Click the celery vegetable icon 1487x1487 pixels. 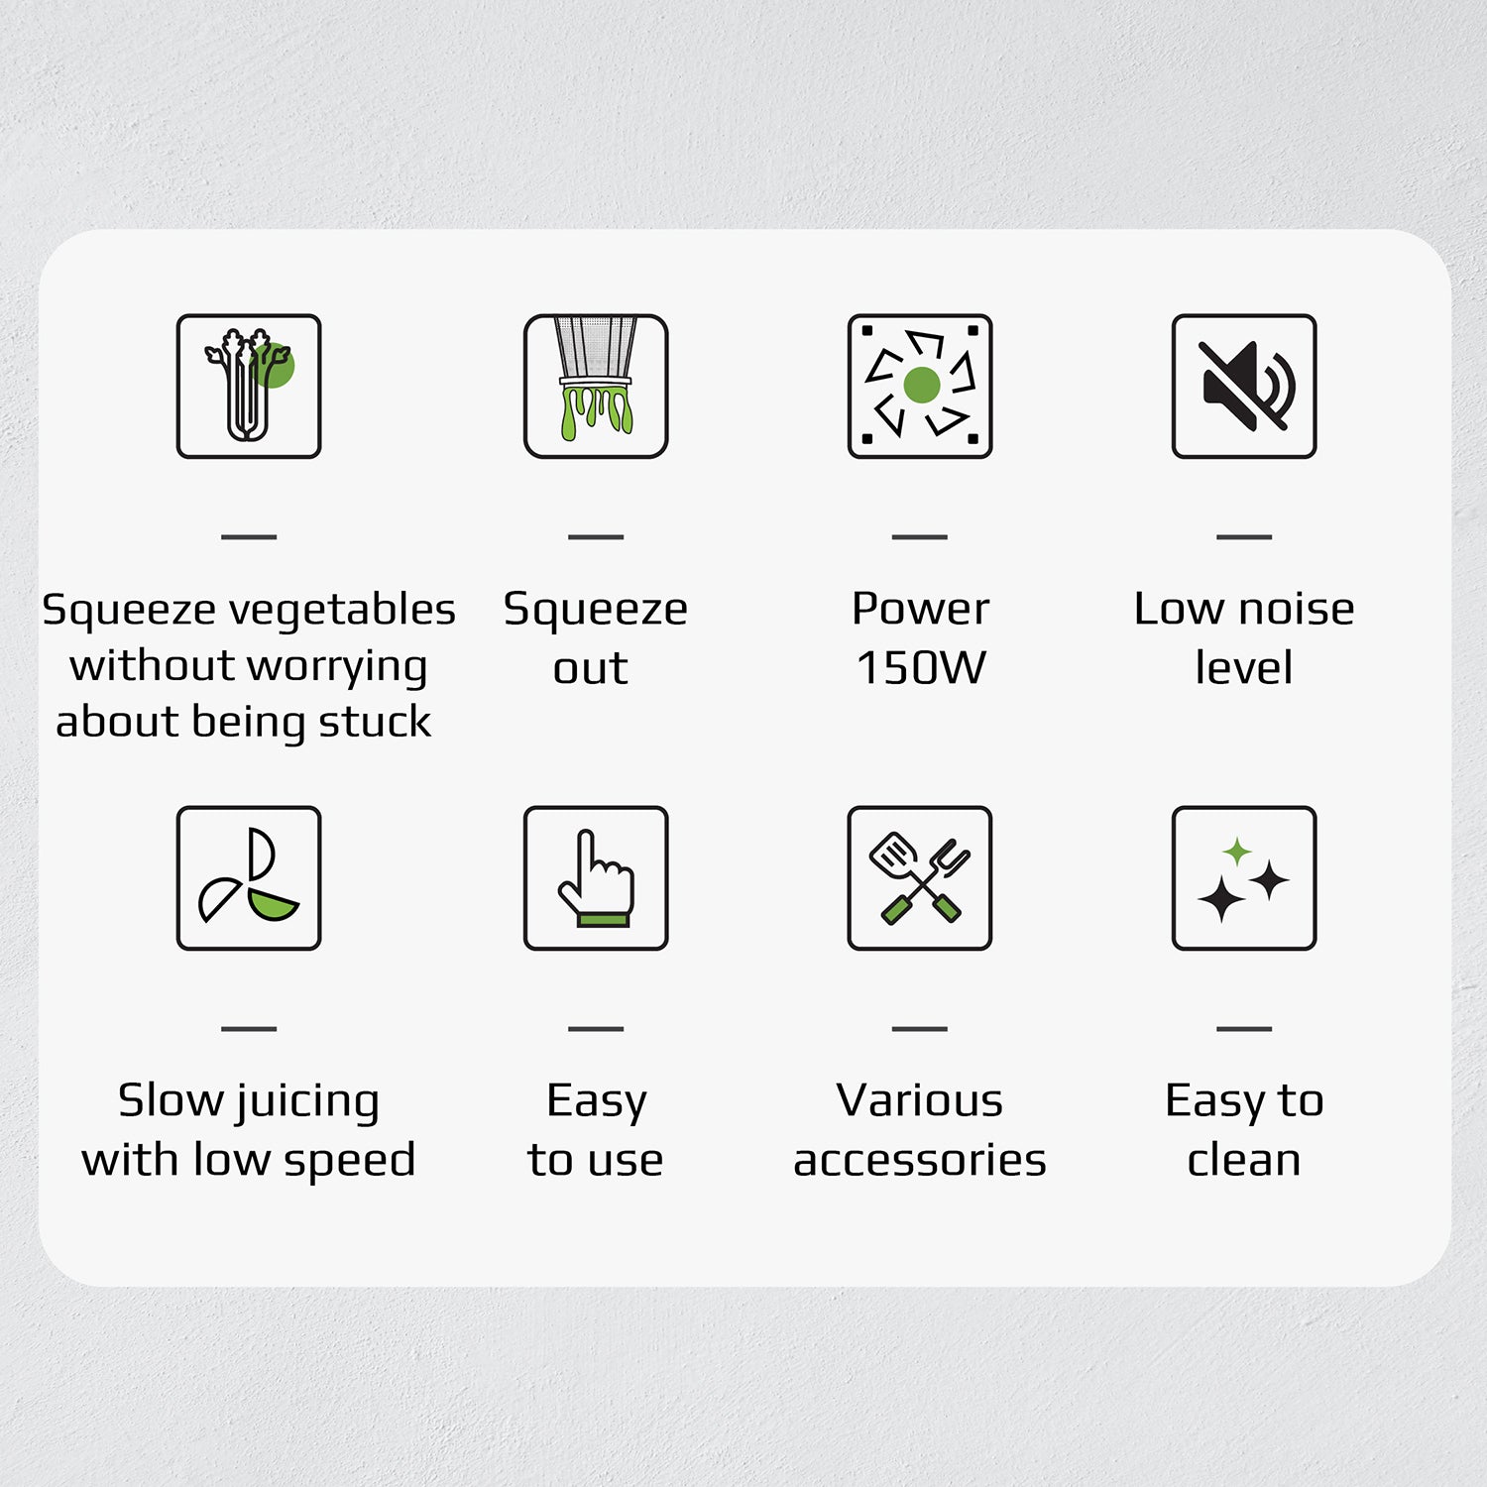click(x=249, y=386)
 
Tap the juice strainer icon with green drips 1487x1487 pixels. click(x=596, y=386)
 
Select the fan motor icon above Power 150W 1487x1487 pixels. click(x=920, y=386)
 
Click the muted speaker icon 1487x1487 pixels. click(x=1244, y=386)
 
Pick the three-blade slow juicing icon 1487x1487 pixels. click(x=249, y=877)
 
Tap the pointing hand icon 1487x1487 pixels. click(x=596, y=877)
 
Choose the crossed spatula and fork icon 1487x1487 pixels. click(x=920, y=877)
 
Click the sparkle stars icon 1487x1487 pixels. click(x=1244, y=877)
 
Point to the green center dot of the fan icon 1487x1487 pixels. click(x=922, y=385)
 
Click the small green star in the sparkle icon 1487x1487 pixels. click(x=1236, y=851)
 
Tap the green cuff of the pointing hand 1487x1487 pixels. click(x=603, y=920)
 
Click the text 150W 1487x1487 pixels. click(x=921, y=667)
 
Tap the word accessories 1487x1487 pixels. click(x=920, y=1160)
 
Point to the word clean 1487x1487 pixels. click(x=1244, y=1160)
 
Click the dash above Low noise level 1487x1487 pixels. click(x=1244, y=536)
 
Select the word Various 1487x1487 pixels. click(x=920, y=1100)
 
